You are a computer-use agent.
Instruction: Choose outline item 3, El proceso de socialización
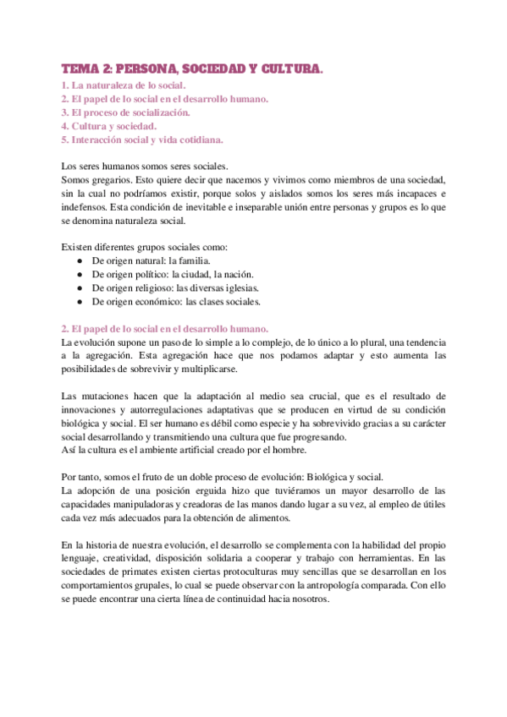126,112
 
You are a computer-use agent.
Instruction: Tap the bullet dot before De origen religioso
79,288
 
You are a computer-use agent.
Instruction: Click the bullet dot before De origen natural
79,261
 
